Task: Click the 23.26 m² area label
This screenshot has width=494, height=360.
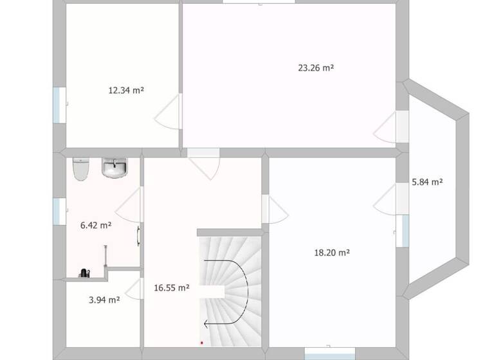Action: (315, 67)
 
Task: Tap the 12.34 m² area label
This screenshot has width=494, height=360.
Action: (125, 91)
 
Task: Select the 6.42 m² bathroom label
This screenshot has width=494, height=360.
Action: (96, 225)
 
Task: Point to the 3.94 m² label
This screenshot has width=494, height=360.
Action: (104, 300)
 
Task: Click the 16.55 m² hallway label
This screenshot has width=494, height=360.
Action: (171, 288)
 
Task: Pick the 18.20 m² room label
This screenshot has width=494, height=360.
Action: (331, 253)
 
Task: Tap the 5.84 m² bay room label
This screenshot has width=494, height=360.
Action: (427, 182)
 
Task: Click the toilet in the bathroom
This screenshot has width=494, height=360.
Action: (80, 170)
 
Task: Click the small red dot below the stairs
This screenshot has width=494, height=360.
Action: (201, 343)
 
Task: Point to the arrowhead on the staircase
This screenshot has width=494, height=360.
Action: (206, 325)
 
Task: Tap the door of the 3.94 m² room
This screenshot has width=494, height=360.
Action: (134, 289)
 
